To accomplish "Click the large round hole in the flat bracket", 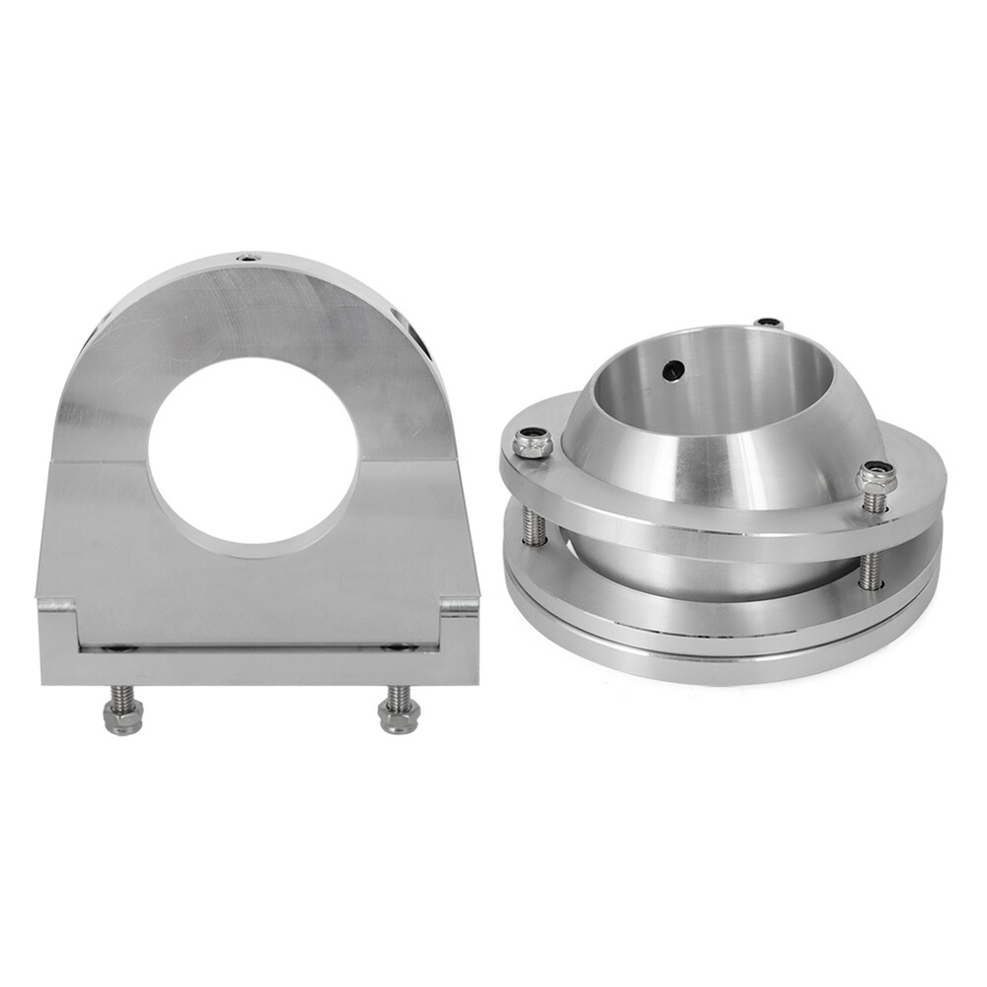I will [254, 450].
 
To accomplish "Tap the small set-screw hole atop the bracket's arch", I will [244, 260].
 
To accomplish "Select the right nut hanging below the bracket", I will [399, 718].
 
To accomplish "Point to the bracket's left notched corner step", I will [59, 603].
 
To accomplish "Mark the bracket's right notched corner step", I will [458, 604].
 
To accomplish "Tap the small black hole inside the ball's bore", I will [674, 370].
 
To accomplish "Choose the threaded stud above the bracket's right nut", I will [397, 695].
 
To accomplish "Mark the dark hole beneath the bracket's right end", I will [399, 648].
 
